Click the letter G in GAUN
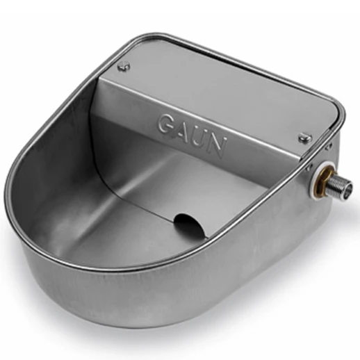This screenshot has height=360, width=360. [x=166, y=124]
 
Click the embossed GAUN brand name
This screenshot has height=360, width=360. [x=192, y=136]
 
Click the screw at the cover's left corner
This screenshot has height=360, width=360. [x=124, y=67]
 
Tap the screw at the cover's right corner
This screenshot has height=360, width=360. [x=305, y=138]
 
